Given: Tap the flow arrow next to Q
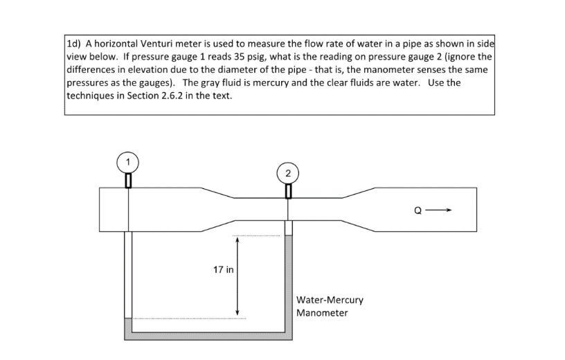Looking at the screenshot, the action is pos(438,210).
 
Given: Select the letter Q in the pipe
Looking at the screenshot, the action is pos(418,210).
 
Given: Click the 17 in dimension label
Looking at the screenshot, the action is pos(224,269).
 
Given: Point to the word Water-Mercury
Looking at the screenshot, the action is pos(330,300).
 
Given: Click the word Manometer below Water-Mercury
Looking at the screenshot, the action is pos(322,313).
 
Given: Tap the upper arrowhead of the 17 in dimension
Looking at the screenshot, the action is pos(237,240).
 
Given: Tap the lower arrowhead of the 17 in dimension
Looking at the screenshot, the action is pos(237,312).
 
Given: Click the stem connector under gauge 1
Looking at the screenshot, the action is pos(128,181).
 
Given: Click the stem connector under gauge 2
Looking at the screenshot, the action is pos(288,191).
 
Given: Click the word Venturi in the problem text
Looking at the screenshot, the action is pos(156,44).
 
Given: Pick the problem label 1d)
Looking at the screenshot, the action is pos(74,44).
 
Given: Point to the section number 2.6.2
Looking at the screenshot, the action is pos(170,96).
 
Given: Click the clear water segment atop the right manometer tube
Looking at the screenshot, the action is pos(289,228).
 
